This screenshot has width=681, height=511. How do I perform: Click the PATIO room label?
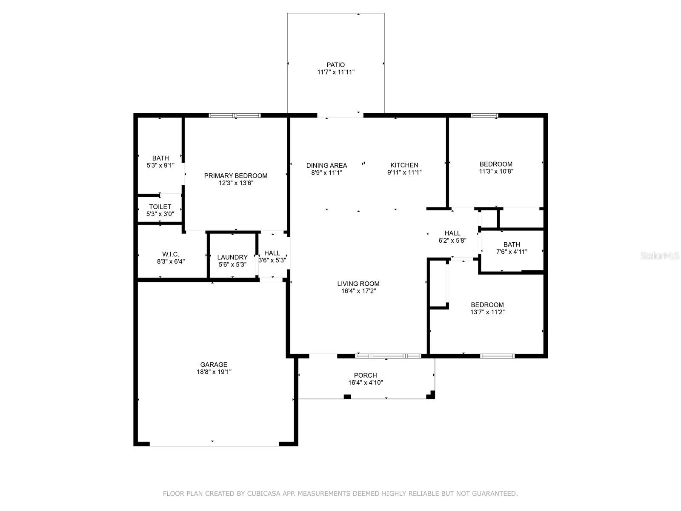tap(335, 65)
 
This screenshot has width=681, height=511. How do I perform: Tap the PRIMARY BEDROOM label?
tap(236, 175)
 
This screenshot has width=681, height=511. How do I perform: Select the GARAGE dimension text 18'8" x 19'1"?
tap(214, 372)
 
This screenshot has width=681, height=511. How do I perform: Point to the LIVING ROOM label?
tap(358, 284)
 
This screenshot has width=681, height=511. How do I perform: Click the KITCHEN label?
tap(404, 165)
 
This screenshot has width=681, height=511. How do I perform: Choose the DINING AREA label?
tap(327, 165)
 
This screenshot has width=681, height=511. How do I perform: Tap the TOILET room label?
tap(160, 207)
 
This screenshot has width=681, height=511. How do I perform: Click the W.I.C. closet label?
tap(171, 254)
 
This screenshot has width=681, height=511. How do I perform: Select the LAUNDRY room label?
tap(232, 257)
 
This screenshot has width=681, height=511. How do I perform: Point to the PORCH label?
tap(366, 376)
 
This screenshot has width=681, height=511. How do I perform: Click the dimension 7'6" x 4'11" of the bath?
tap(512, 252)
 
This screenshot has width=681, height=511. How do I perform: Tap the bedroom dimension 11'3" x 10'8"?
tap(496, 171)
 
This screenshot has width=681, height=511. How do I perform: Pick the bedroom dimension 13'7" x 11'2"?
tap(487, 312)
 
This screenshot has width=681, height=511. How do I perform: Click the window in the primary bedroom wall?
tap(235, 116)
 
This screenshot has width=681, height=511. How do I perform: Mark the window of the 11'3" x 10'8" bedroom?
tap(485, 116)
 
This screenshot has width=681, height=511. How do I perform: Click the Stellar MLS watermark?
tap(660, 255)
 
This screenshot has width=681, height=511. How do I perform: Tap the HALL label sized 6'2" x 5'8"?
tap(452, 233)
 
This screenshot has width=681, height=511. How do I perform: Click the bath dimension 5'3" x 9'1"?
tap(160, 165)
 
